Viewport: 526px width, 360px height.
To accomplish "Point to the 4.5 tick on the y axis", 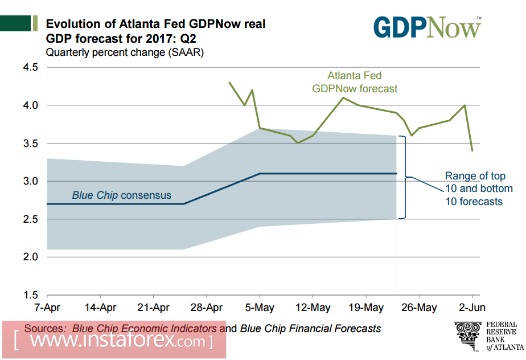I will click(30, 67).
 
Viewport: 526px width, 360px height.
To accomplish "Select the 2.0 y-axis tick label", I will click(30, 257).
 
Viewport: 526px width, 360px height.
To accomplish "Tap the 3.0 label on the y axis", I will click(30, 181).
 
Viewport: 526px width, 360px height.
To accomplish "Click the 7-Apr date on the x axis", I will click(47, 308).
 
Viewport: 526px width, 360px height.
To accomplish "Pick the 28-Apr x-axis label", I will click(206, 308).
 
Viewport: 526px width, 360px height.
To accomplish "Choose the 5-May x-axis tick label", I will click(260, 308).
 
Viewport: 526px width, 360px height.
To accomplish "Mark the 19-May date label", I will click(365, 308).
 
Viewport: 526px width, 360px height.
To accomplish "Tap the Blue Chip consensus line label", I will click(121, 195).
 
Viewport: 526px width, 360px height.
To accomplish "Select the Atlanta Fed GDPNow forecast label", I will click(354, 82).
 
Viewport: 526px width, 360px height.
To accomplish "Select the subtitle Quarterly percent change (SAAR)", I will click(125, 53).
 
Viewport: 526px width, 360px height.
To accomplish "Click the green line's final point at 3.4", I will click(472, 150).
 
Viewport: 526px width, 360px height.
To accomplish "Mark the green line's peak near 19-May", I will click(343, 98).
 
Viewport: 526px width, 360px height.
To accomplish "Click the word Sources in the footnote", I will click(46, 329).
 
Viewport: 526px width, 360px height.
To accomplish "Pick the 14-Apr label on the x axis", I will click(100, 308).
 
